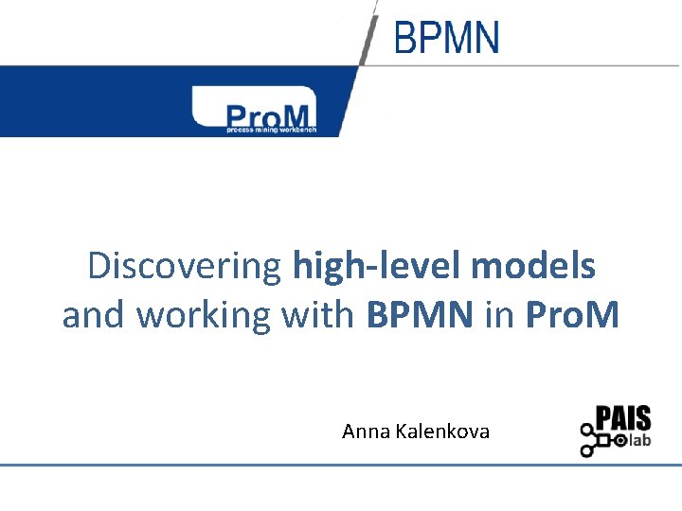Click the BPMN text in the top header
[446, 39]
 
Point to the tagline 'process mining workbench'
[270, 130]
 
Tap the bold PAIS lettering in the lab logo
[624, 419]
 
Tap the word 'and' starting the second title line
[95, 315]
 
